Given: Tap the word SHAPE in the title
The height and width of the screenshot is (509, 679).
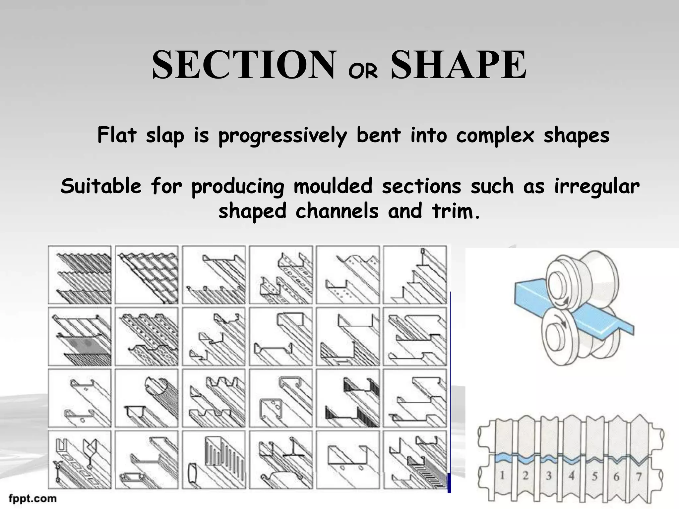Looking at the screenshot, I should coord(459,65).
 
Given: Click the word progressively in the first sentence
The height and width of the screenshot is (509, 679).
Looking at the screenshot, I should coord(283,136).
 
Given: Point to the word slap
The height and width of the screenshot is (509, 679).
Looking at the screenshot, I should coord(165,136).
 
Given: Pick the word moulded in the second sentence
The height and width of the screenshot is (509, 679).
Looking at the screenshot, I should coord(333,186).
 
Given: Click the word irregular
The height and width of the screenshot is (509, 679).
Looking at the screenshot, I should coord(597,186).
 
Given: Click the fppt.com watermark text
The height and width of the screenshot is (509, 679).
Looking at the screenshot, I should coord(32,498).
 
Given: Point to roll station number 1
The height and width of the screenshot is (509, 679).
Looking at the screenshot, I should coord(502,476).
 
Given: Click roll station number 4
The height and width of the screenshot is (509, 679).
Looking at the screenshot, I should coord(571,476).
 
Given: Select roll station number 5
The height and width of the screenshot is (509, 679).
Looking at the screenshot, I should coord(594,476).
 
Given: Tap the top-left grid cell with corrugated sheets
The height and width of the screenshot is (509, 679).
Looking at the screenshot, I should coord(80,275).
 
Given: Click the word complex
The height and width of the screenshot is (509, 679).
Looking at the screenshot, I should coord(495,136).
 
